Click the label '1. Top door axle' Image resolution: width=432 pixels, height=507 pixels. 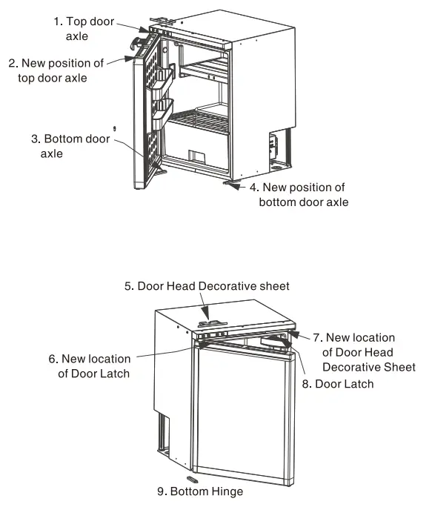pos(84,28)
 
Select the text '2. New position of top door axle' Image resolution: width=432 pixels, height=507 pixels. pos(56,70)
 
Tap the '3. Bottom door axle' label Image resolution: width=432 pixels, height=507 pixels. pos(70,146)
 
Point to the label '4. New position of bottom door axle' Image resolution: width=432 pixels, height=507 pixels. pos(302,195)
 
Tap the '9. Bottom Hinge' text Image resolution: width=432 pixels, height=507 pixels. pos(199,491)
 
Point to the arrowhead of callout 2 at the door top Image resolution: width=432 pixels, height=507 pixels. pos(131,56)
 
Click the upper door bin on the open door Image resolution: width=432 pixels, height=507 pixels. pos(162,78)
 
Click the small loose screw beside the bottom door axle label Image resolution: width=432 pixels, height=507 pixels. pos(114,128)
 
